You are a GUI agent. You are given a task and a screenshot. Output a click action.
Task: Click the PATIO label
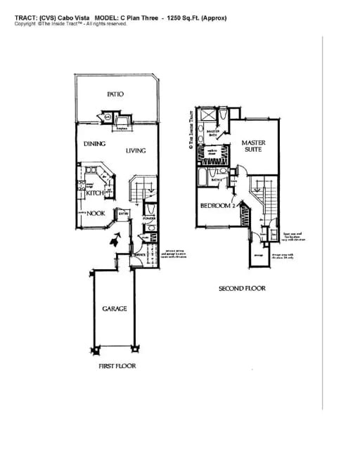pyautogui.click(x=115, y=93)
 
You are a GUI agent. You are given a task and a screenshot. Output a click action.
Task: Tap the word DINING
pyautogui.click(x=94, y=143)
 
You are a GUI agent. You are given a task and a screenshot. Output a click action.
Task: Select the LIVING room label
pyautogui.click(x=136, y=150)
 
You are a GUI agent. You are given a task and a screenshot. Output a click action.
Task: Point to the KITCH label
pyautogui.click(x=96, y=192)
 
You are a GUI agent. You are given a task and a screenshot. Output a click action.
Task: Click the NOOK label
pyautogui.click(x=96, y=214)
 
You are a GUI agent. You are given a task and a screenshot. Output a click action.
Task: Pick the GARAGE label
pyautogui.click(x=114, y=308)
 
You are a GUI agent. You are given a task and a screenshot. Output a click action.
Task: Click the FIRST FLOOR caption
pyautogui.click(x=117, y=366)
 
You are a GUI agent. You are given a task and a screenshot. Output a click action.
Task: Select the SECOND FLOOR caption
pyautogui.click(x=241, y=288)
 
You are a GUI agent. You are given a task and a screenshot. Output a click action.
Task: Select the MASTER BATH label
pyautogui.click(x=214, y=133)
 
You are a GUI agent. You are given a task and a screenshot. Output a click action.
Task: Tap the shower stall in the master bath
pyautogui.click(x=209, y=117)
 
